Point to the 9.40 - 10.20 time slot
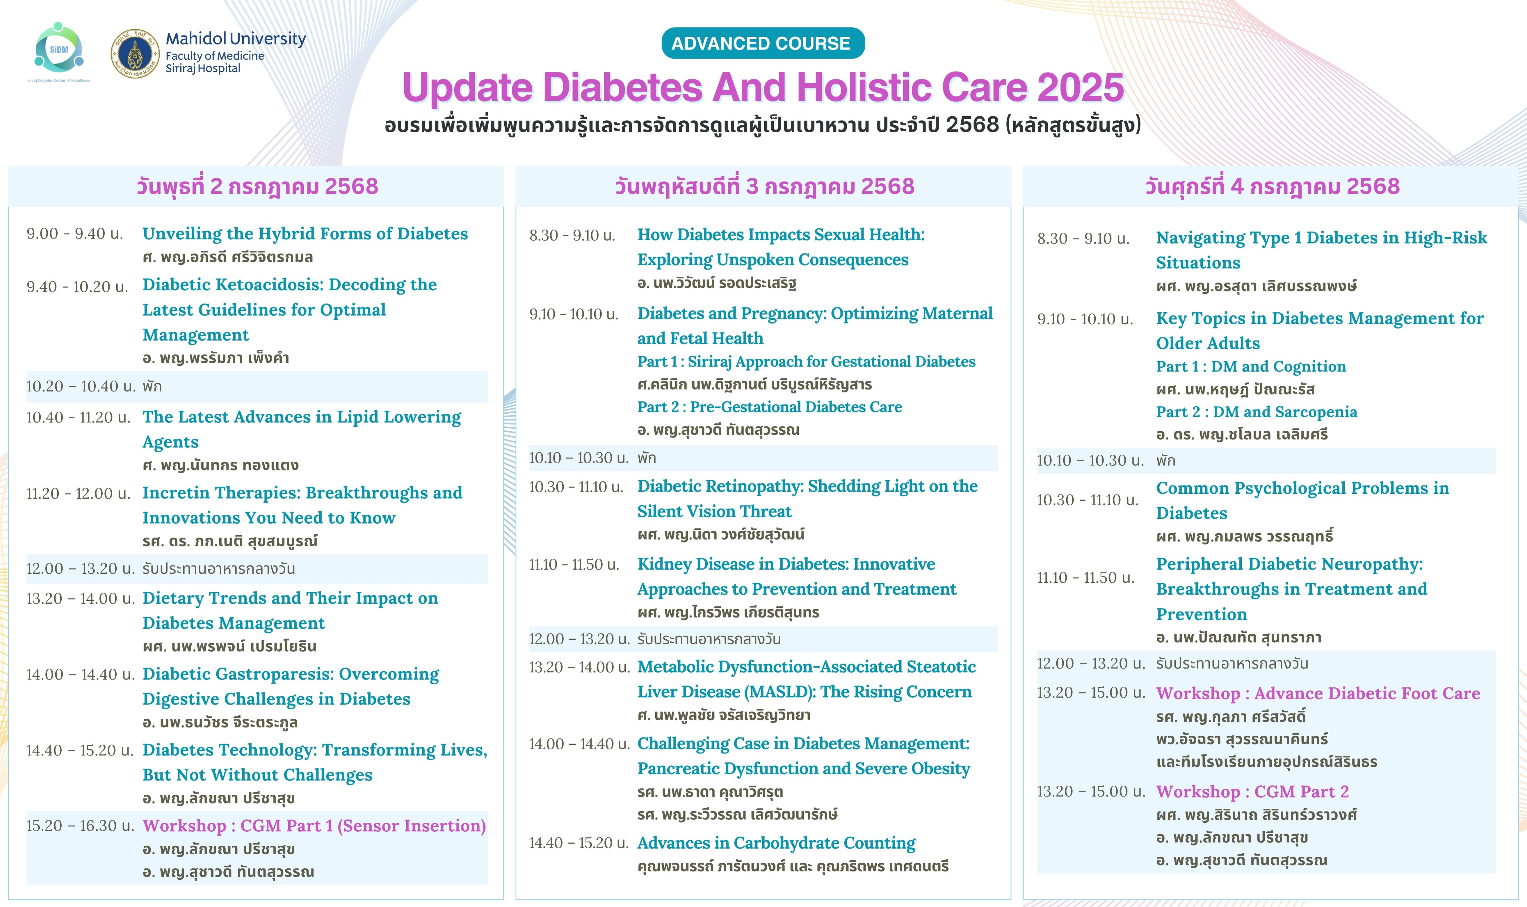pyautogui.click(x=77, y=287)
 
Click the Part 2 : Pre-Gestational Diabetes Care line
pyautogui.click(x=769, y=407)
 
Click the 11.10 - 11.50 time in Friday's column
pyautogui.click(x=1085, y=578)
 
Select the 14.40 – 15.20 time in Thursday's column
pyautogui.click(x=578, y=843)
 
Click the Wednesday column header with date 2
pyautogui.click(x=257, y=186)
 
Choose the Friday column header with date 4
pyautogui.click(x=1272, y=186)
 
